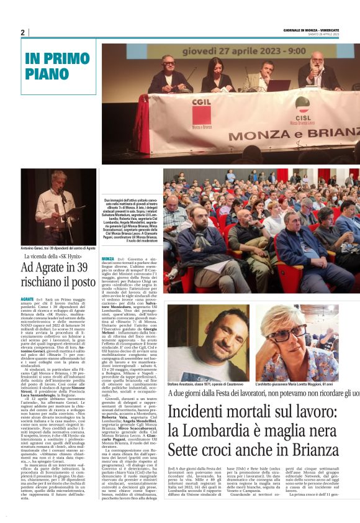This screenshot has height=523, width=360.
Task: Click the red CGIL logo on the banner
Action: coord(200,104)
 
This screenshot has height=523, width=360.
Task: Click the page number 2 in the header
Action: coord(23,32)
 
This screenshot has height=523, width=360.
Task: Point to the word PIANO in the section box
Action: coord(47,74)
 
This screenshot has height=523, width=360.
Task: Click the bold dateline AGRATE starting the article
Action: coord(29,299)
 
